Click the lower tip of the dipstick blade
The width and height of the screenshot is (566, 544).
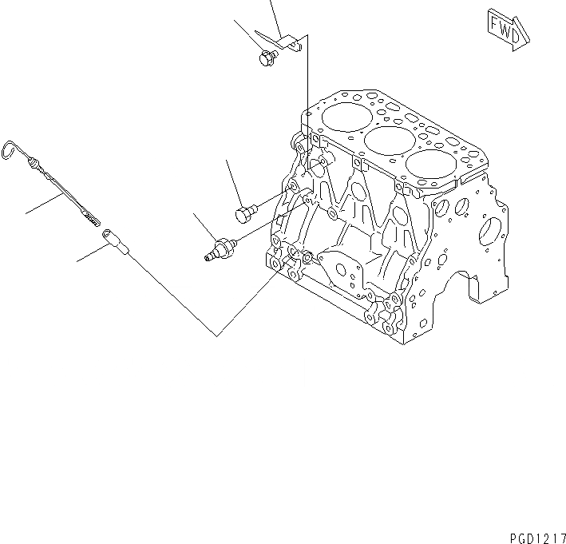click(93, 216)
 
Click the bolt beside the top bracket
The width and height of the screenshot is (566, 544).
click(268, 57)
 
